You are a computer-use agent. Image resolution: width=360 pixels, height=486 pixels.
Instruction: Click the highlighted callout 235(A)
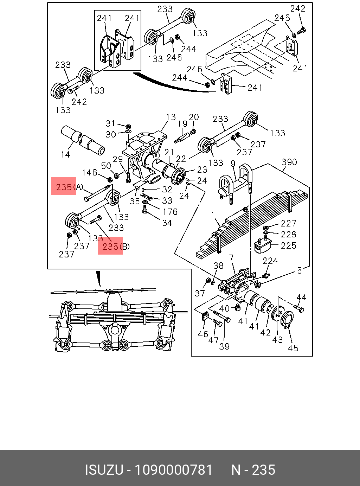coord(64,186)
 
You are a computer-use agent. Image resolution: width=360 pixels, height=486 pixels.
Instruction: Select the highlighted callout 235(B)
coord(110,246)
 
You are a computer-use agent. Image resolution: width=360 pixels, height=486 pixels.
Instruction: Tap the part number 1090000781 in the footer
coord(174,470)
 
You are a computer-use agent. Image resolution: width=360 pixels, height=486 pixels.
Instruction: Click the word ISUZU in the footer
coord(104,470)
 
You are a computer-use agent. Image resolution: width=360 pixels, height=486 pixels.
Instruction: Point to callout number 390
coord(289,162)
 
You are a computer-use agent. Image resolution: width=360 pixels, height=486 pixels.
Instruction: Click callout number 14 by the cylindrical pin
coord(65,154)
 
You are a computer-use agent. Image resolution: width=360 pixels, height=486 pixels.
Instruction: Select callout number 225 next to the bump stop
coord(288,245)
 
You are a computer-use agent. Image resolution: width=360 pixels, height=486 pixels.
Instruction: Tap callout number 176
coord(170,212)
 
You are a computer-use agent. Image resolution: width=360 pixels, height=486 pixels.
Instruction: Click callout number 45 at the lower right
coord(293,348)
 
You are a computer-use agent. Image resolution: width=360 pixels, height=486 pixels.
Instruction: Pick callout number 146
coord(89,172)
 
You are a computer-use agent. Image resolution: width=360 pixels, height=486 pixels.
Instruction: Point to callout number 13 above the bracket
coord(171,117)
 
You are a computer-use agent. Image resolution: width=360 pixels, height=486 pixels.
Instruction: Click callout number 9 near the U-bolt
coord(233,163)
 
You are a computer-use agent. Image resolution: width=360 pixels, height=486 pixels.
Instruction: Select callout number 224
coord(270,261)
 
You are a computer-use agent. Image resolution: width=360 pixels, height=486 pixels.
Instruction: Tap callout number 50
coord(106,166)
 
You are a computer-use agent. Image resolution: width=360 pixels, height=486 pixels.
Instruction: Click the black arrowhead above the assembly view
coord(99,278)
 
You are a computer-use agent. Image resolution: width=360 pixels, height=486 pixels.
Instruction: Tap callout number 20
coord(194,117)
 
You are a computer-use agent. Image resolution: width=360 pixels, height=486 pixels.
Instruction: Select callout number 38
coord(218,266)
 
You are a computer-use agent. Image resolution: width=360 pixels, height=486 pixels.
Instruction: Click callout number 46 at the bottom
coord(203,334)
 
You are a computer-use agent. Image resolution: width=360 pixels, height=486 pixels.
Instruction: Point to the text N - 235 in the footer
coord(253,470)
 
